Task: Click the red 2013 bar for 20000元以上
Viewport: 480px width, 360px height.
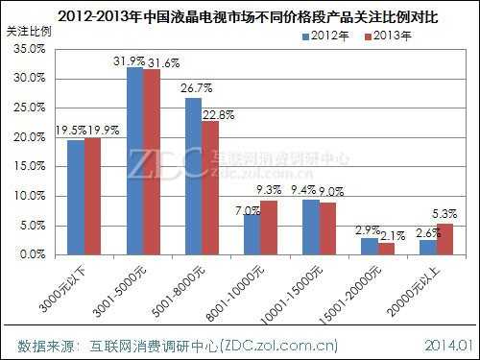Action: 445,239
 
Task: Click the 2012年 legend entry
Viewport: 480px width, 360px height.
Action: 325,37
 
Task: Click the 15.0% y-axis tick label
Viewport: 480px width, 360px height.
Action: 30,167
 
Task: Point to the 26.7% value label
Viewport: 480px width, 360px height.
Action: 193,90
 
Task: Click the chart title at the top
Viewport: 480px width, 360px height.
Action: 240,14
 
